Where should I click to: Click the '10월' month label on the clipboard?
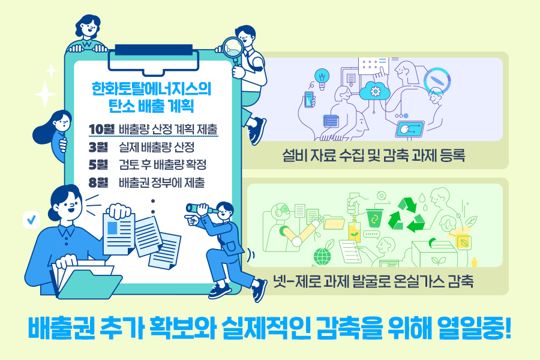click(100, 129)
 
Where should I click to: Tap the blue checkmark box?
click(31, 220)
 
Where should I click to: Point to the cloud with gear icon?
click(375, 91)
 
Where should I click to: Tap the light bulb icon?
click(322, 77)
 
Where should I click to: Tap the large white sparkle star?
click(45, 94)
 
